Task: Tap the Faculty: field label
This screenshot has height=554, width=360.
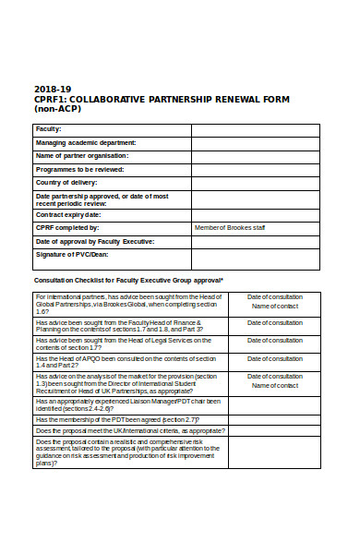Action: point(49,129)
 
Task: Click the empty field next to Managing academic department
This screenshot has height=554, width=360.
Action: point(255,143)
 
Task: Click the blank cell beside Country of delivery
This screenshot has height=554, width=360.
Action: point(255,183)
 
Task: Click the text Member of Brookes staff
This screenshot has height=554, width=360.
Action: point(230,227)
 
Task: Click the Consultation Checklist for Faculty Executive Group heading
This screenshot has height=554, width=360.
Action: point(128,280)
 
